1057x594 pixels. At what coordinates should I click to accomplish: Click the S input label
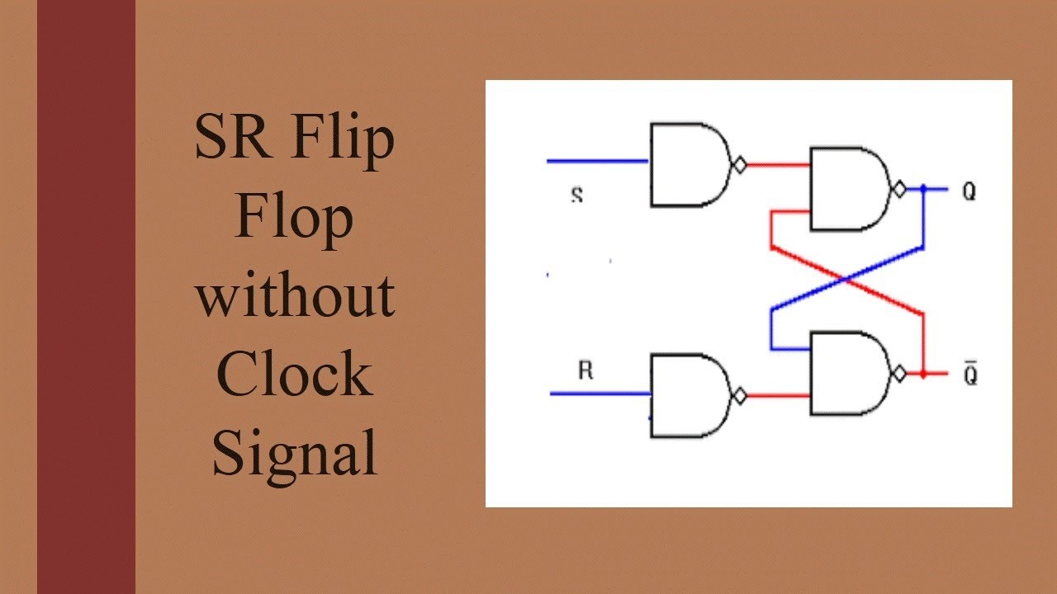576,196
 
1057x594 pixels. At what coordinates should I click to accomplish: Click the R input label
585,370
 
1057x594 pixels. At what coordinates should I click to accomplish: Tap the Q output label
969,192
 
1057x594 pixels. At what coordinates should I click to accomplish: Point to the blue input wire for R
600,394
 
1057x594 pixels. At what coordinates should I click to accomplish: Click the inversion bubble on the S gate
740,166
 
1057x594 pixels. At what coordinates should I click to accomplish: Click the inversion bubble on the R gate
740,397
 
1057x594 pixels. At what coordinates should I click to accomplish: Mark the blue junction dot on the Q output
923,190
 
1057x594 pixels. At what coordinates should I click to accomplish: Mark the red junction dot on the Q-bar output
923,375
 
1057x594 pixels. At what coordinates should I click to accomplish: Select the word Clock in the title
294,374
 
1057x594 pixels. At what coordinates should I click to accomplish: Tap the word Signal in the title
294,453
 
